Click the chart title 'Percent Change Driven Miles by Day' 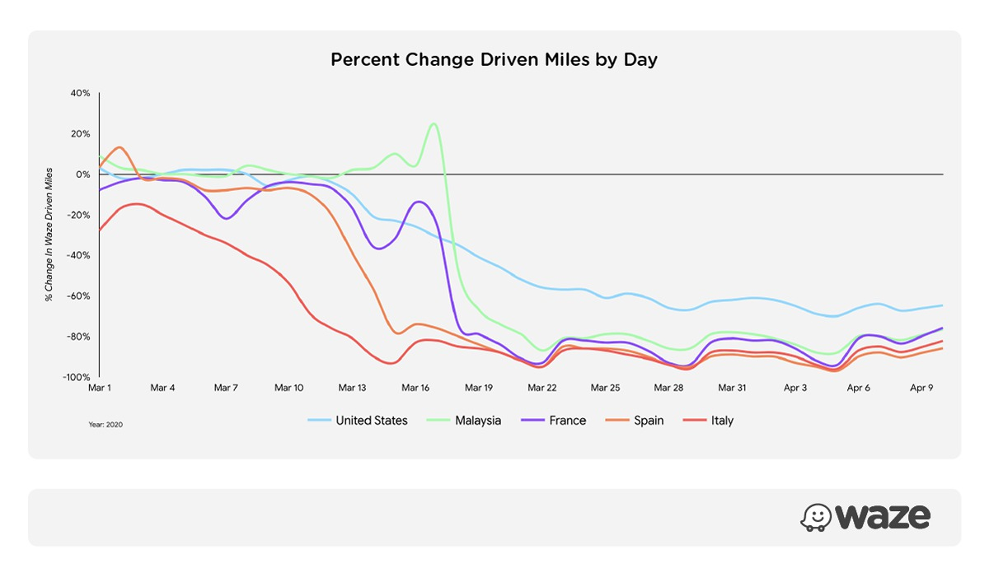(494, 60)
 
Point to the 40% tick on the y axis (80, 93)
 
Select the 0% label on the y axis (82, 174)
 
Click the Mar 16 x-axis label (415, 388)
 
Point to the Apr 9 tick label (921, 388)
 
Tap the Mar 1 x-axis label (99, 388)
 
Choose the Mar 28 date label (668, 388)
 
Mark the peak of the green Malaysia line (434, 124)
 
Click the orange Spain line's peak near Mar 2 (120, 147)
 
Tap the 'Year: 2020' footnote (105, 425)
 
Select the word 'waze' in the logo (884, 517)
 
